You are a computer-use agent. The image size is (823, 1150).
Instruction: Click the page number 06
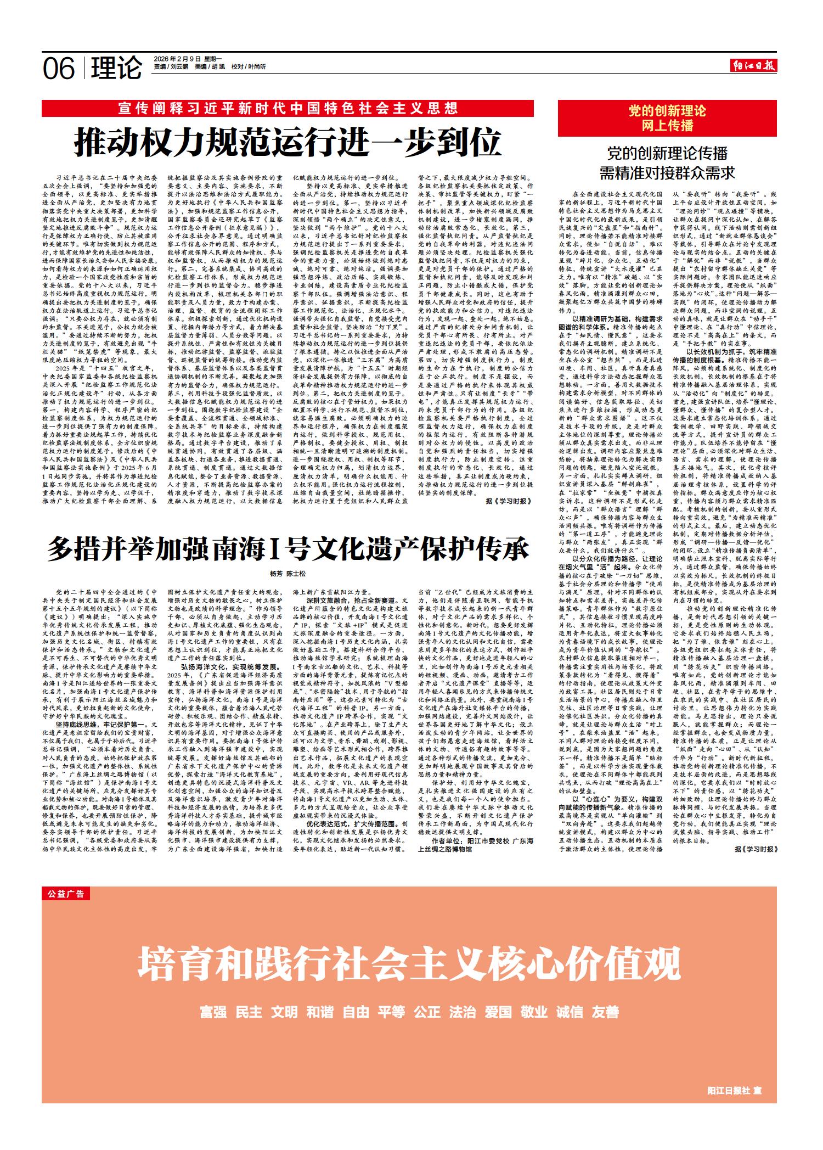click(x=59, y=68)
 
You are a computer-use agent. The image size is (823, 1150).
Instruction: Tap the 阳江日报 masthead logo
click(x=755, y=66)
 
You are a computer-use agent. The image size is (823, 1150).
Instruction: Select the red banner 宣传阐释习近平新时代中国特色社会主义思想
click(x=288, y=108)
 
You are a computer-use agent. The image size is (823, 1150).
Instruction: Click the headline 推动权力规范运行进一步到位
click(x=288, y=142)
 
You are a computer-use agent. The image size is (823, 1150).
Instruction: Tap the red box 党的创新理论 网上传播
click(x=667, y=118)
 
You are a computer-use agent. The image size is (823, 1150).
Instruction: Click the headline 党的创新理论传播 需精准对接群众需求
click(x=667, y=164)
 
